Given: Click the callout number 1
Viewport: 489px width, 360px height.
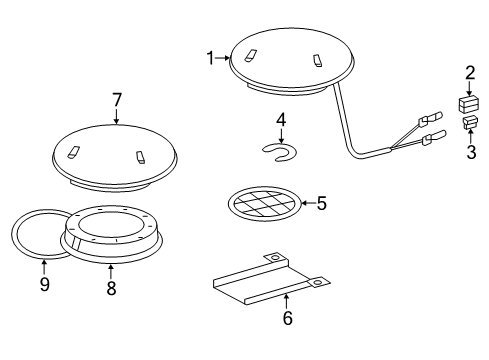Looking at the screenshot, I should point(211,59).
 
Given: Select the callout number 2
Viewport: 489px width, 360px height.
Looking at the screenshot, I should point(469,73).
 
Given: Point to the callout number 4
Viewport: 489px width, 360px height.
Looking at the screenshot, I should point(281,120).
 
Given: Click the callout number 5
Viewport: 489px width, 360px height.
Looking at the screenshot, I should point(321,204).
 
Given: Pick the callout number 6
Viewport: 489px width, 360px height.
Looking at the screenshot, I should point(286,320).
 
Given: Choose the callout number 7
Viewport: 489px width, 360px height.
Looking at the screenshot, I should point(116,99).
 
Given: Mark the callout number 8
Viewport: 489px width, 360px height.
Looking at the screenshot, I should point(110,288).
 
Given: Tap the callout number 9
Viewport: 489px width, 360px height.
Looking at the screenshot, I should point(43,288).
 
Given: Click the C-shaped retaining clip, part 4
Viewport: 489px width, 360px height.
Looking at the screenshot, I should point(281,151).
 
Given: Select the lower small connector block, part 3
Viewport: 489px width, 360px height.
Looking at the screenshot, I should point(469,124).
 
